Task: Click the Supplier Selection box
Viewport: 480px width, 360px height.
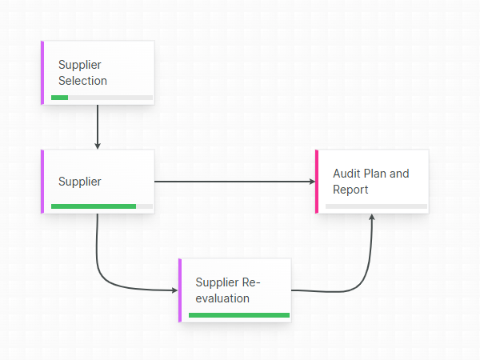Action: click(x=98, y=73)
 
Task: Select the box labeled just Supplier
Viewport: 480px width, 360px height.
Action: click(x=98, y=182)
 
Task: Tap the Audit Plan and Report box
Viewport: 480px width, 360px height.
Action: click(x=373, y=182)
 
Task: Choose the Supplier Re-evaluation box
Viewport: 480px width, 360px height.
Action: click(x=235, y=290)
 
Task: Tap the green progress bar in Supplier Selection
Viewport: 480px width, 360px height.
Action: click(x=60, y=98)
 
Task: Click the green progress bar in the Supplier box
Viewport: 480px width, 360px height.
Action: click(x=94, y=206)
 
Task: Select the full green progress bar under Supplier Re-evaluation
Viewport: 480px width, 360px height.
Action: click(x=238, y=315)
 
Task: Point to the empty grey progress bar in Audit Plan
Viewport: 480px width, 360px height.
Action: click(x=376, y=206)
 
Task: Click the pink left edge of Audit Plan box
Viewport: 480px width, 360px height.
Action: click(x=317, y=182)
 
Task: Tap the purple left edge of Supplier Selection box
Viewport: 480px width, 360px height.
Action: click(x=42, y=73)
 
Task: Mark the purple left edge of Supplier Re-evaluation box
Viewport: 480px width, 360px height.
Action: click(x=180, y=290)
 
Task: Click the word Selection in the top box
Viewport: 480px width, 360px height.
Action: click(x=82, y=81)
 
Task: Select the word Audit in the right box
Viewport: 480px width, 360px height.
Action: click(x=347, y=174)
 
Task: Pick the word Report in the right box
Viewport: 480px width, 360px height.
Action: click(x=350, y=190)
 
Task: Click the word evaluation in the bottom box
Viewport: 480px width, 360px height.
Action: click(x=222, y=298)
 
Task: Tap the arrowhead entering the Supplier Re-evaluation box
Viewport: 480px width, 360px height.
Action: click(x=175, y=290)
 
